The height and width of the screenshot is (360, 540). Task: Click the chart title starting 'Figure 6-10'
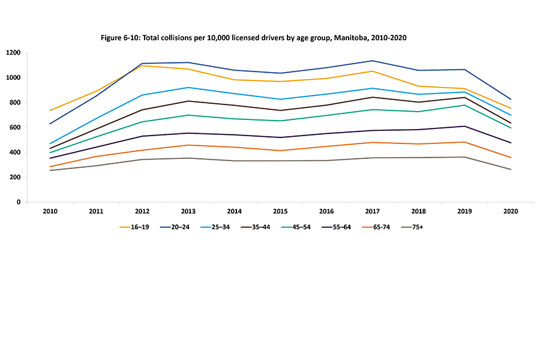point(254,37)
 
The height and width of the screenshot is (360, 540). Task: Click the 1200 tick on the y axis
point(14,53)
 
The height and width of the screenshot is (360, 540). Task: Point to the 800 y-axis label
point(16,103)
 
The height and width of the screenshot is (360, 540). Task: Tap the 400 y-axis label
point(16,152)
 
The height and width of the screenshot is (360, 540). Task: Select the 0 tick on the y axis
point(20,202)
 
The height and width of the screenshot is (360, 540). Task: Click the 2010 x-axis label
point(50,211)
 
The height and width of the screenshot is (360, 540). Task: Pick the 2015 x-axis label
point(280,211)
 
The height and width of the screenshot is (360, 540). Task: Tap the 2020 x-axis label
point(511,211)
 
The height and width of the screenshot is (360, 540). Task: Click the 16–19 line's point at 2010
point(50,110)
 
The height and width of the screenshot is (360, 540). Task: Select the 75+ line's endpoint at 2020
point(511,169)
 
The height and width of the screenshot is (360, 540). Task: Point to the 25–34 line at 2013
point(188,88)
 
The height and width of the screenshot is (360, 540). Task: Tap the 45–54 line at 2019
point(464,105)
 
